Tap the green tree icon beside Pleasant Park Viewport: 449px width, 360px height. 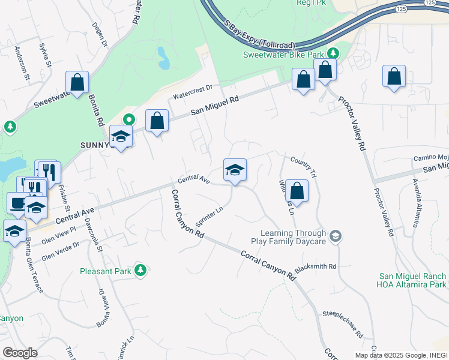click(x=140, y=271)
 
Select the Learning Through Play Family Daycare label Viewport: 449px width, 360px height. click(x=293, y=237)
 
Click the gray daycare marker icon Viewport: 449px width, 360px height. click(x=335, y=236)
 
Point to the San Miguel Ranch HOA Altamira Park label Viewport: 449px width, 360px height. click(x=412, y=280)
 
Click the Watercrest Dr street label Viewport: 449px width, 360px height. click(x=193, y=92)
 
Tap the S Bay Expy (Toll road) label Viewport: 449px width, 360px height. click(x=259, y=32)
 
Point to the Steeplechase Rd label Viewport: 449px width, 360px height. click(x=343, y=321)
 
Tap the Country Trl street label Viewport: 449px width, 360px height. click(x=303, y=163)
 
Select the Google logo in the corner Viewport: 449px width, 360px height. click(x=20, y=353)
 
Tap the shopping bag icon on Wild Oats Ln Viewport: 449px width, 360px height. click(x=297, y=191)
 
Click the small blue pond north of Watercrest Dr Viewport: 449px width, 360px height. click(x=163, y=58)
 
